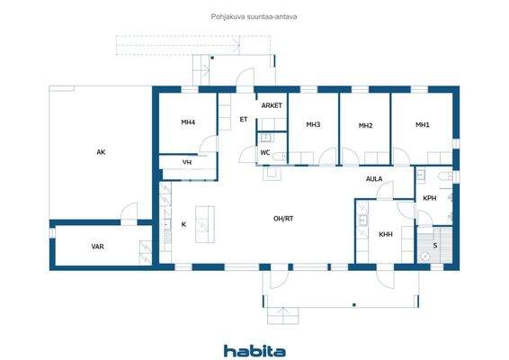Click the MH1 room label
[422, 125]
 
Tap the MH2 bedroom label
[365, 126]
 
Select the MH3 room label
[313, 125]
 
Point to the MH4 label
[187, 122]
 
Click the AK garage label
[102, 152]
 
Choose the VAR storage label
[97, 246]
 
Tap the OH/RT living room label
[285, 219]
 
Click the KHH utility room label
[385, 234]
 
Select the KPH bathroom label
[430, 198]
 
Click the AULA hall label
[374, 179]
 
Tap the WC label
[265, 153]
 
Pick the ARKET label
[272, 105]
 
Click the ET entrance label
[243, 120]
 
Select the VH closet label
[186, 163]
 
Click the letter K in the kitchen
[183, 224]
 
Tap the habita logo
[254, 351]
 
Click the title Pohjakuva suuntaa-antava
[254, 16]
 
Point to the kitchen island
[204, 223]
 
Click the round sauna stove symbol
[424, 256]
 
